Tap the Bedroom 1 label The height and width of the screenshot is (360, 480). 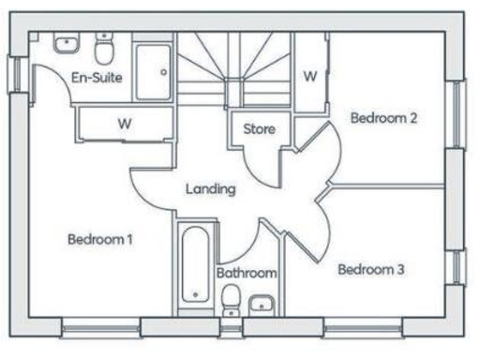99,239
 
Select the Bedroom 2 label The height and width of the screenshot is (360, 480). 382,118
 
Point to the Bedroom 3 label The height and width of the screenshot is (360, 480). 370,270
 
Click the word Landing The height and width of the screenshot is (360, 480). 210,188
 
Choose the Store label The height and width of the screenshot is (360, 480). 259,128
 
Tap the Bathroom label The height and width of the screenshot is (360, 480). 247,273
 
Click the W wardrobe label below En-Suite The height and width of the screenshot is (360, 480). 124,123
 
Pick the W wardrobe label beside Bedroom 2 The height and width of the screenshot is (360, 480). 309,75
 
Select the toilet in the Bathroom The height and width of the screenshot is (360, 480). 230,299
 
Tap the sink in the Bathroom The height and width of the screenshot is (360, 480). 262,302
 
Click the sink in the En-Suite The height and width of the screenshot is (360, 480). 67,43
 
